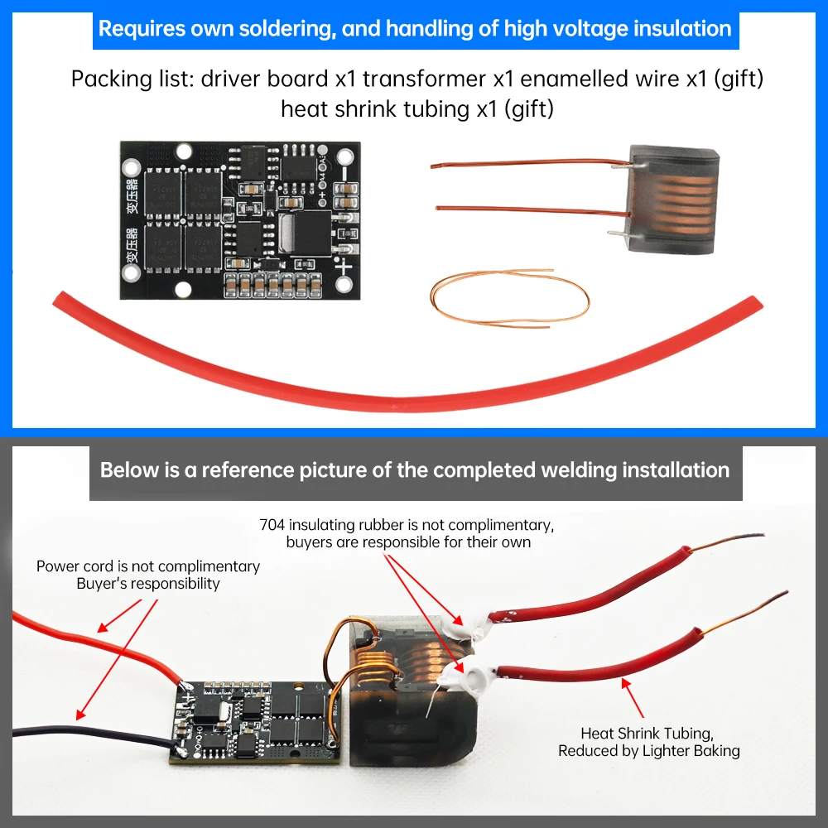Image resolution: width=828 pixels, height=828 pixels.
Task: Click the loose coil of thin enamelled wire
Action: click(x=508, y=295)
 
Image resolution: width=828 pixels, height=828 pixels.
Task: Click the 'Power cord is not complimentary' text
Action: click(x=148, y=567)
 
